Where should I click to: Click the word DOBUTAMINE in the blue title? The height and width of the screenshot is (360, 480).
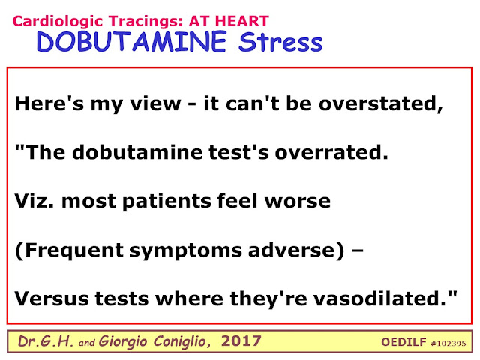132,41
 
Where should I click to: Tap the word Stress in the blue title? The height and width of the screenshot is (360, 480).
280,42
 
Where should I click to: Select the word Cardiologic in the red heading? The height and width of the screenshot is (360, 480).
58,22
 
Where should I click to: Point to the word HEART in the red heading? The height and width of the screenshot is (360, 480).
241,21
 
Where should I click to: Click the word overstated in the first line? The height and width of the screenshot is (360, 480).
379,103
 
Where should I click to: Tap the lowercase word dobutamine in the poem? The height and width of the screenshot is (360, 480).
137,151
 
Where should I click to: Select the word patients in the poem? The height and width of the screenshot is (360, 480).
166,202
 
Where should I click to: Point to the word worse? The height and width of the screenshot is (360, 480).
298,201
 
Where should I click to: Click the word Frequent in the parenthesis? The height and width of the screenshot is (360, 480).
74,250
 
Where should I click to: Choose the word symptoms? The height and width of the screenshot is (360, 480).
186,251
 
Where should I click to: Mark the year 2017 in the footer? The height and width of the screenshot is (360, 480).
241,340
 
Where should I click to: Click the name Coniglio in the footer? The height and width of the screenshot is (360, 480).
181,341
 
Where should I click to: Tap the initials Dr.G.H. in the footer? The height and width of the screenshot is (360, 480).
45,341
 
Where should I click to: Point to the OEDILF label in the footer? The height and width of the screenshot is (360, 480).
403,342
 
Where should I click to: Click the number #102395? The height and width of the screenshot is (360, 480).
448,343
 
